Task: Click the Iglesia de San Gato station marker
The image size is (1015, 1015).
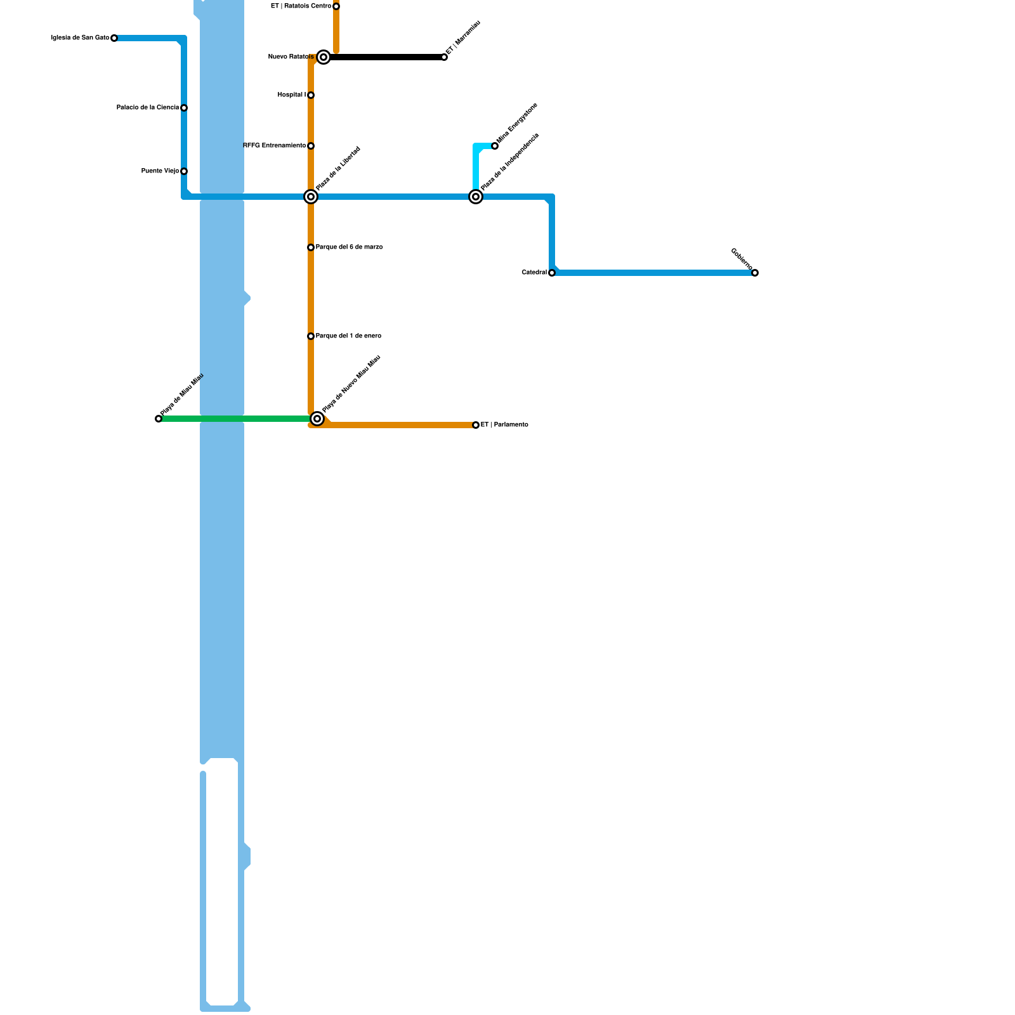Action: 114,38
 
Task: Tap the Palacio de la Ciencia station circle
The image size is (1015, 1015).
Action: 184,108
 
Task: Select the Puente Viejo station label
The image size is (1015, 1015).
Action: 160,171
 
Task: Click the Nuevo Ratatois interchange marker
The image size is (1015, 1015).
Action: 324,57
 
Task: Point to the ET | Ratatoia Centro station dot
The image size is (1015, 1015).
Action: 336,6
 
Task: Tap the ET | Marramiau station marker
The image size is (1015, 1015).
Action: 444,57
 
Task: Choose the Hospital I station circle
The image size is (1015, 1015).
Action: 311,95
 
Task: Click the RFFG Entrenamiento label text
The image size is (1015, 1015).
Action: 274,146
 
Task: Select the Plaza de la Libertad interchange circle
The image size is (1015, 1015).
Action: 311,197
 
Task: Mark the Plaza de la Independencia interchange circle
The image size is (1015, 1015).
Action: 476,197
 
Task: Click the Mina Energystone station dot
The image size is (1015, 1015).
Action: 495,146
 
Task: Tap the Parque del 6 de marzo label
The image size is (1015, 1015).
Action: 349,247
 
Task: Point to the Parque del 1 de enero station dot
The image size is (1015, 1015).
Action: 311,336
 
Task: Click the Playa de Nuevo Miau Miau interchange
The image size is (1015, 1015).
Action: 317,419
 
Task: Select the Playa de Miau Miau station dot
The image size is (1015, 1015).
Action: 159,419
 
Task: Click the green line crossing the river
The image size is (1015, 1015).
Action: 222,419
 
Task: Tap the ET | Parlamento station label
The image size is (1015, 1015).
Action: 504,425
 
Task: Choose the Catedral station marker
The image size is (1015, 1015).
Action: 552,273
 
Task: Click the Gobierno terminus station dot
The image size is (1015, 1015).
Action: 755,273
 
